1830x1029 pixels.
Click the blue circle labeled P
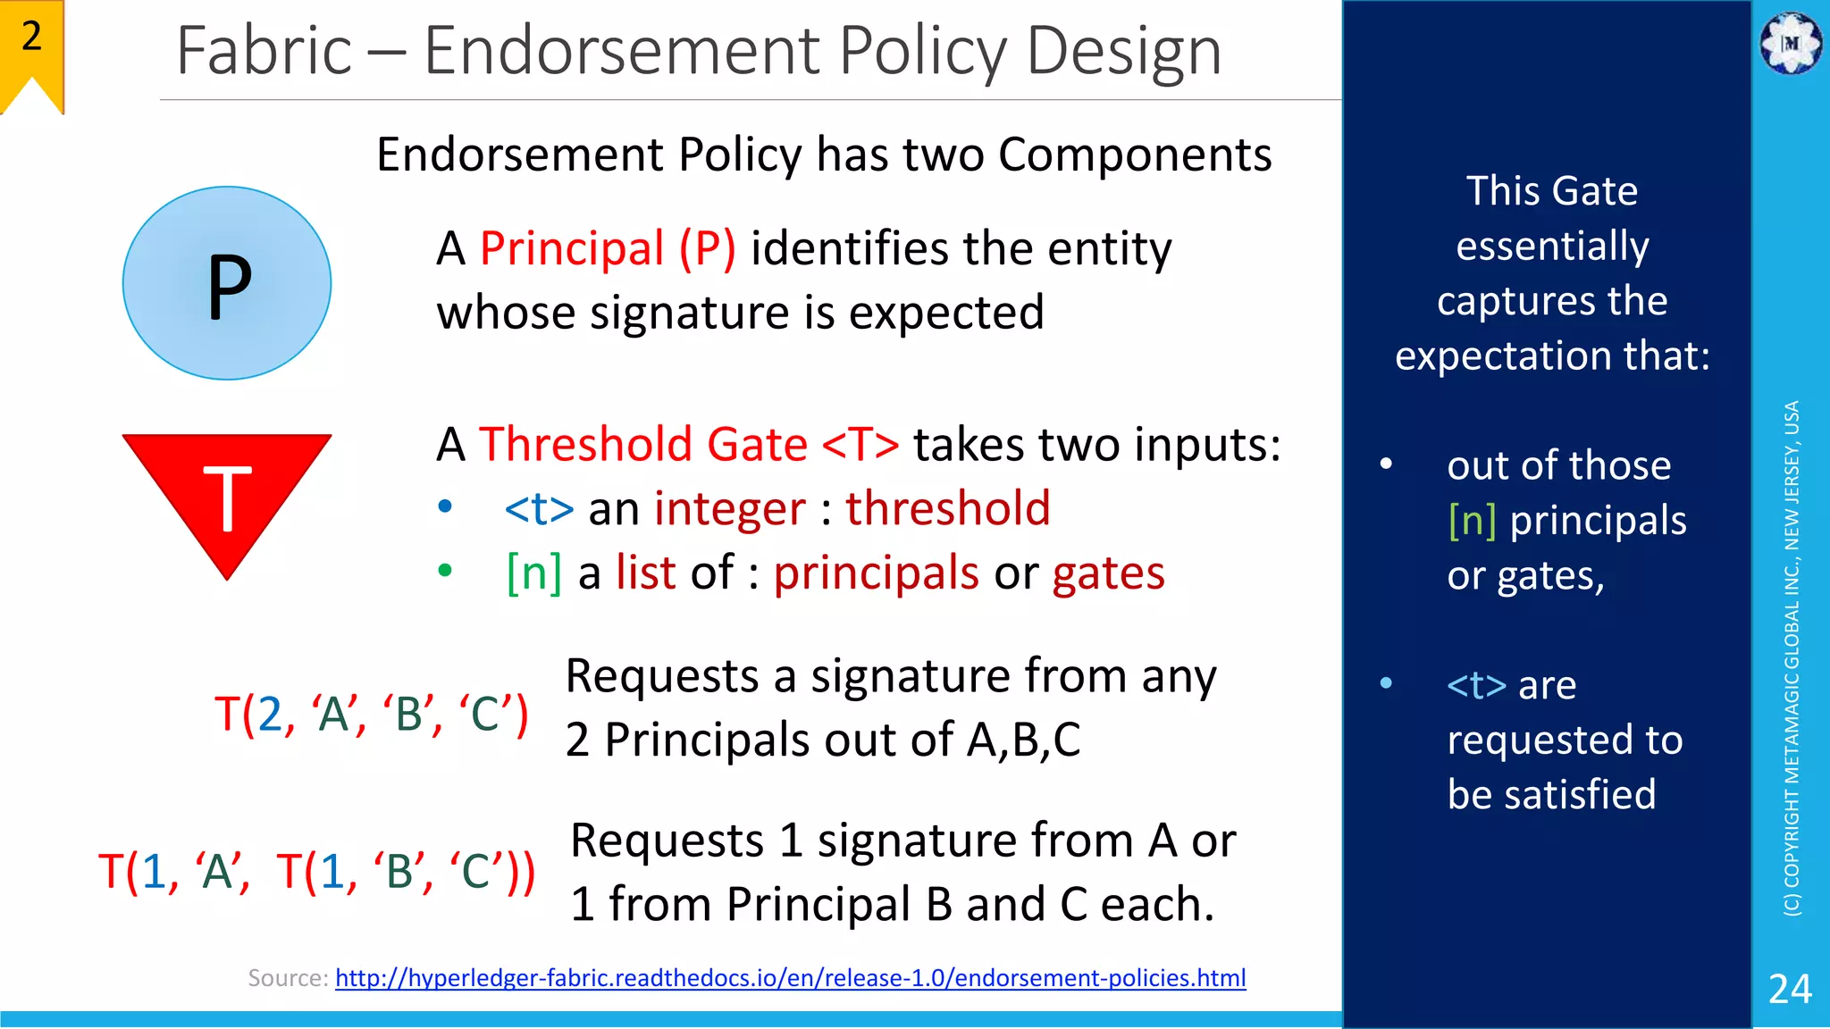[x=227, y=283]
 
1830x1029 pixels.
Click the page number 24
[x=1790, y=989]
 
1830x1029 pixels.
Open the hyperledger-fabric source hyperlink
[x=790, y=978]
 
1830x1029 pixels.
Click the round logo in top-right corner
[x=1790, y=43]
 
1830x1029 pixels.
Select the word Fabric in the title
[x=264, y=51]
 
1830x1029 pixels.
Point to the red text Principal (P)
[x=608, y=248]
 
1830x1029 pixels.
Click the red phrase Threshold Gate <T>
[x=688, y=444]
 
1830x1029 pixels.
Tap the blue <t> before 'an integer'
[x=539, y=509]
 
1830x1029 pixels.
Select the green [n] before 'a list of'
[x=533, y=573]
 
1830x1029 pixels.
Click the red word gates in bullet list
[x=1108, y=573]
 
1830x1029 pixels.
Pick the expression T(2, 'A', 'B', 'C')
[x=371, y=714]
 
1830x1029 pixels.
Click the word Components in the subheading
[x=1134, y=155]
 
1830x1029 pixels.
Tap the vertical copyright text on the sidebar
[x=1792, y=657]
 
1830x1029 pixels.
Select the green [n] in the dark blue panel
[x=1472, y=521]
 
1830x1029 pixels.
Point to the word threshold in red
[x=947, y=508]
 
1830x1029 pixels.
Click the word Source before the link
[x=287, y=978]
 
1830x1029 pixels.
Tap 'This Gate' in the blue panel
[x=1552, y=191]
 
